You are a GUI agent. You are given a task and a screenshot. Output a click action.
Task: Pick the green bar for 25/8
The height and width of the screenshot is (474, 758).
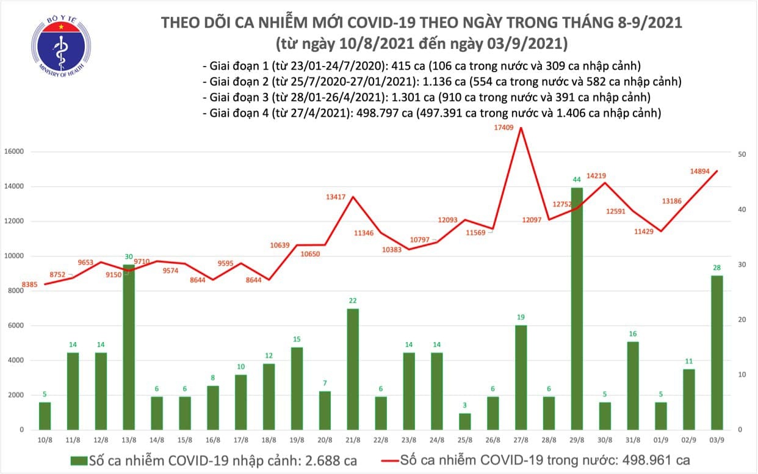(466, 421)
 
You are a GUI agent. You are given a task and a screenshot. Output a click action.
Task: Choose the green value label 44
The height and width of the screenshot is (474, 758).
(577, 180)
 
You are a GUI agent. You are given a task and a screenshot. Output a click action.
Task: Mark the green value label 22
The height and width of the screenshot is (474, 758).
(352, 301)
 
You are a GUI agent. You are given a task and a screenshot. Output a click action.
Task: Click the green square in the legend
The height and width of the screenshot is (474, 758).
(78, 460)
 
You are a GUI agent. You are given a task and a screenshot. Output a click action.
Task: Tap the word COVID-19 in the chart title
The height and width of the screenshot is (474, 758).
(372, 23)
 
